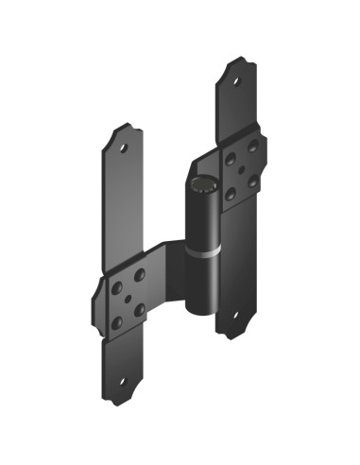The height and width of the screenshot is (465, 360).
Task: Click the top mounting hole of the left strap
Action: [x=125, y=146]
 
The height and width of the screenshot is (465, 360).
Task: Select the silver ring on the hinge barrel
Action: [x=202, y=254]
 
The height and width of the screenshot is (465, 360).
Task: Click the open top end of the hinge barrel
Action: [x=201, y=182]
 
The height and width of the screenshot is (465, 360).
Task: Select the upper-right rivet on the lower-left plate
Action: [x=140, y=274]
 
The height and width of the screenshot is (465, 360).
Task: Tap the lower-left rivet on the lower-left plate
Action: [x=116, y=322]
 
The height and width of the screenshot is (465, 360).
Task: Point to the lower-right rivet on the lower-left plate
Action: [x=140, y=310]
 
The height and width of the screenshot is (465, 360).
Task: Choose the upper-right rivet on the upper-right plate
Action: [x=252, y=145]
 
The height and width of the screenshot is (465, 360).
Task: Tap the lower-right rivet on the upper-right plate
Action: [x=252, y=181]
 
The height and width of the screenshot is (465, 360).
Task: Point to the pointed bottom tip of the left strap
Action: [x=115, y=405]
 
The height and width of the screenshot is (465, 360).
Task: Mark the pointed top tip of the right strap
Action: [x=237, y=59]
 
